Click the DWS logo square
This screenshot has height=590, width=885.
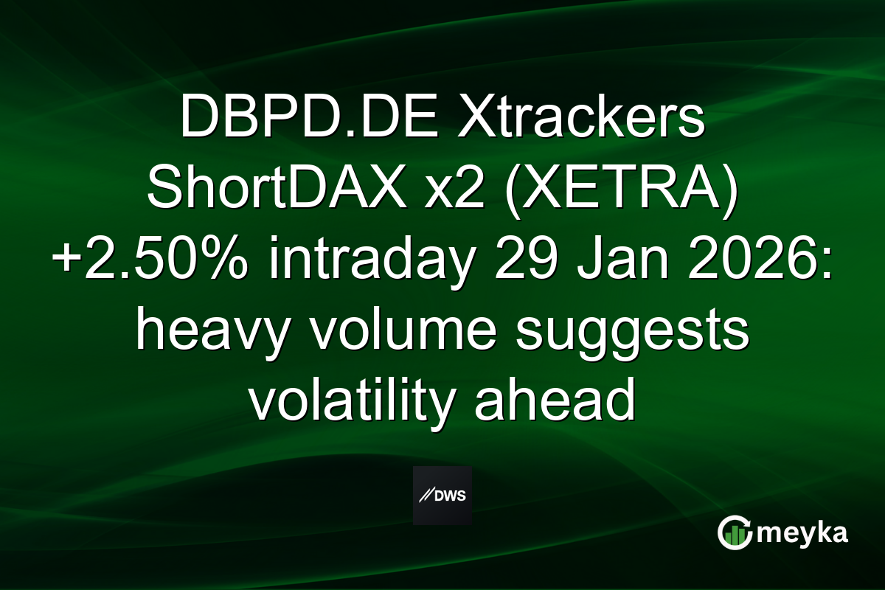click(442, 495)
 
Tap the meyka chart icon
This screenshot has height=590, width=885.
click(734, 532)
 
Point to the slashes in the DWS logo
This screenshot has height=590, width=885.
click(426, 496)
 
